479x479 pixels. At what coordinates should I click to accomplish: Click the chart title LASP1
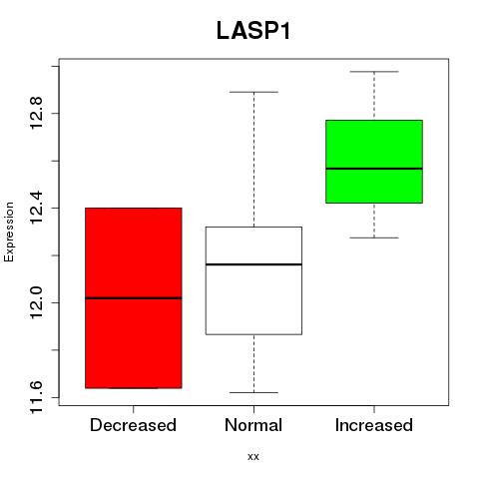pos(253,31)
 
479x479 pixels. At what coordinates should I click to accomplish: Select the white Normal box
pos(253,280)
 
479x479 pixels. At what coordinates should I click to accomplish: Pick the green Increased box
pos(374,162)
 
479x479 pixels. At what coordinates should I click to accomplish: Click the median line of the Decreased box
pos(134,298)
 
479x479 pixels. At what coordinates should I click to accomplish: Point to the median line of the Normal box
pos(253,264)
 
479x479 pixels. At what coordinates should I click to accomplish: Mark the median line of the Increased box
pos(374,169)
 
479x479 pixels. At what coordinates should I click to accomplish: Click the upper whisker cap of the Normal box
pos(253,92)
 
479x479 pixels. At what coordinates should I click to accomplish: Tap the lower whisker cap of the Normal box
pos(253,392)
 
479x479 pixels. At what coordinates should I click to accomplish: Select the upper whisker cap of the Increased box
pos(374,72)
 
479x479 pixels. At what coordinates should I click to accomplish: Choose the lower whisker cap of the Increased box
pos(374,238)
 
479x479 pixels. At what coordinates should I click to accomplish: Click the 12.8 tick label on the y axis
pos(36,113)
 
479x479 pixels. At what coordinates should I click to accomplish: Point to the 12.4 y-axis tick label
pos(36,208)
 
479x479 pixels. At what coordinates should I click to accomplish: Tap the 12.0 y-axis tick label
pos(36,302)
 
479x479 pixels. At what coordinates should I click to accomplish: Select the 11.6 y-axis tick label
pos(36,397)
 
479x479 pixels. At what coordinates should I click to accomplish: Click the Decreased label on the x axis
pos(133,425)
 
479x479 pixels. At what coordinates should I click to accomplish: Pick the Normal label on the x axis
pos(253,425)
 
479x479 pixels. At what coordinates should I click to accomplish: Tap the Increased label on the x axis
pos(374,425)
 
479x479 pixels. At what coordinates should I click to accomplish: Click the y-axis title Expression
pos(9,232)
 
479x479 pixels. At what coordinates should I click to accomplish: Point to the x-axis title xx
pos(253,457)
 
